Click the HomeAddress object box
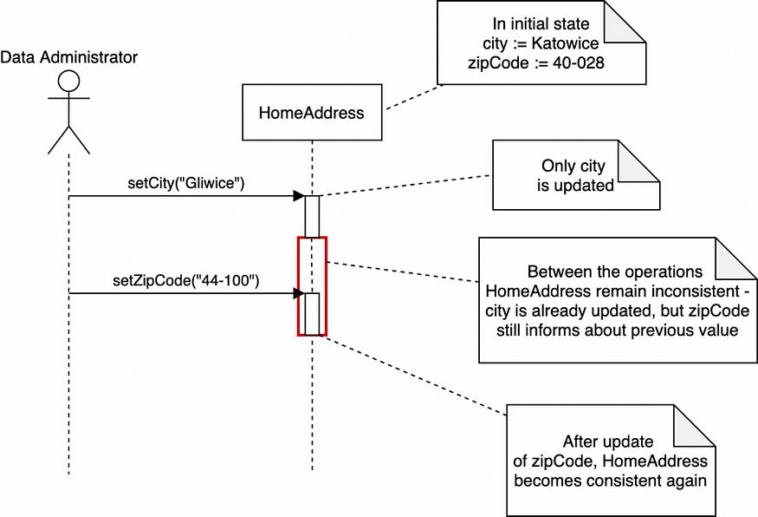312,112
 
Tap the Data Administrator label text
68,57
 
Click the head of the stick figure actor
68,82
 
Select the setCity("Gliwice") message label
185,183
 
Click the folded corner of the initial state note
625,22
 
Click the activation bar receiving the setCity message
312,215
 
